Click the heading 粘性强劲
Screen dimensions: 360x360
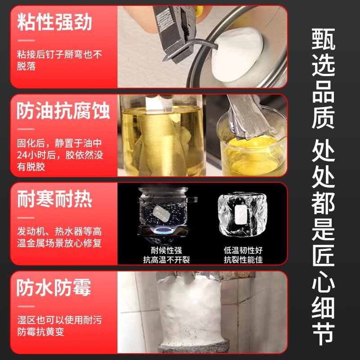pos(55,22)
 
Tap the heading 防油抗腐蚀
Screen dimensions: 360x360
pos(63,112)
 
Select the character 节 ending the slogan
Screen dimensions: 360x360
pos(323,333)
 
